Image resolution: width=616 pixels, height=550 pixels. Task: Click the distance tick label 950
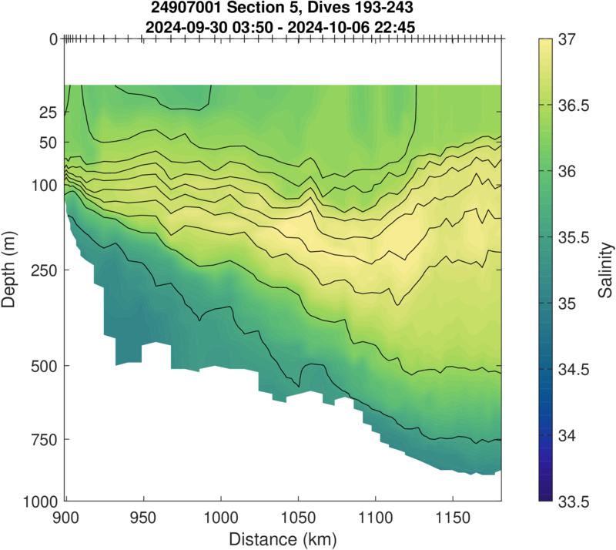[143, 515]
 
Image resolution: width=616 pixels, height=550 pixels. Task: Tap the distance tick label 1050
[298, 515]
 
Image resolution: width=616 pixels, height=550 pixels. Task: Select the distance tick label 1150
[452, 515]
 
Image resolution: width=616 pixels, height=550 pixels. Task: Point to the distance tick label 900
[66, 515]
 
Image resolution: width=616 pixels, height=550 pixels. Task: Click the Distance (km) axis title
[283, 535]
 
